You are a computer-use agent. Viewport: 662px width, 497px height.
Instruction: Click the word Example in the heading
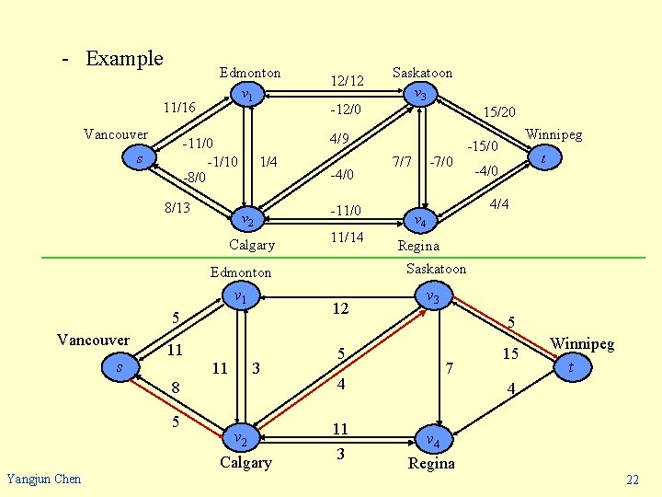coord(124,59)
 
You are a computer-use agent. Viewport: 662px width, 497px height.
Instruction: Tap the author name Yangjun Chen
coord(43,478)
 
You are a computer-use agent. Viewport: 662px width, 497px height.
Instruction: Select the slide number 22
coord(632,480)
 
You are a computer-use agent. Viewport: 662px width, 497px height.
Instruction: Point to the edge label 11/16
coord(178,108)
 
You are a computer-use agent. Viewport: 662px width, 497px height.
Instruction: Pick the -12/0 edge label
coord(340,110)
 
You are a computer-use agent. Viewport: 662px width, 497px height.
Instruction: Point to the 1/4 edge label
coord(268,162)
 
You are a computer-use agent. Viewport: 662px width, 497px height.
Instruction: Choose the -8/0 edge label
coord(194,177)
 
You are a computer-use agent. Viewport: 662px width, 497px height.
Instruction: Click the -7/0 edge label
coord(441,162)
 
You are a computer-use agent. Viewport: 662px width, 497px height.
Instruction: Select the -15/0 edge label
coord(482,145)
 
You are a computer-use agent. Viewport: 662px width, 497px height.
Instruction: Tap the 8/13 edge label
coord(177,208)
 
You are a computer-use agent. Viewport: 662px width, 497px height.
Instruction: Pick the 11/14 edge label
coord(347,237)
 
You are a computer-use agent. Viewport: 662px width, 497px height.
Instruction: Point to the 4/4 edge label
coord(500,203)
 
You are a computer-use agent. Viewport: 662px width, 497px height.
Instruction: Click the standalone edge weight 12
coord(340,308)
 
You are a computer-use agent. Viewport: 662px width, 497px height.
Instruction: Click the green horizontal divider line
coord(331,257)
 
